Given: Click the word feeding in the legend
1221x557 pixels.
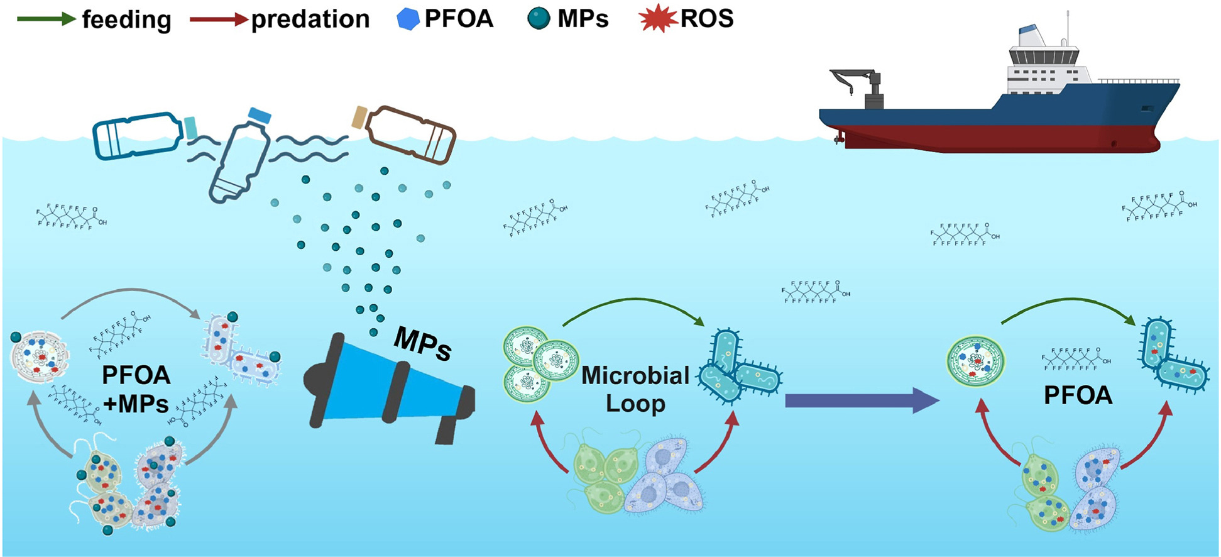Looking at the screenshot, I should tap(126, 20).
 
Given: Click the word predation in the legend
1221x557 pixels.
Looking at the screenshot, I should tap(310, 20).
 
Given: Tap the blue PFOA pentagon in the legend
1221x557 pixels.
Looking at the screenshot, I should tap(408, 20).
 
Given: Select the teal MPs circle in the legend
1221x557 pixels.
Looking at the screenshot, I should tap(539, 20).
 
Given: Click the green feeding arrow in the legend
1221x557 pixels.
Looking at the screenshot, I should tap(45, 19).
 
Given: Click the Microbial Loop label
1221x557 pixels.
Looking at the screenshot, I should tap(635, 389).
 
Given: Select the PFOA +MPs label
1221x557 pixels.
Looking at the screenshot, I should tap(136, 389).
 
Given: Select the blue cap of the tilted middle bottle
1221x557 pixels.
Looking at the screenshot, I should tap(259, 115).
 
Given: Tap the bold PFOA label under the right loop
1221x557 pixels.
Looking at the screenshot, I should tap(1078, 395).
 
